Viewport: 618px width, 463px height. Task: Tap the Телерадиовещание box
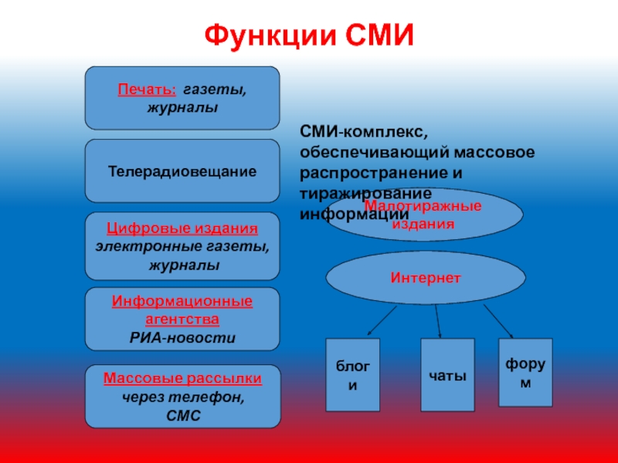182,171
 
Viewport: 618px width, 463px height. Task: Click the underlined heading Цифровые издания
182,229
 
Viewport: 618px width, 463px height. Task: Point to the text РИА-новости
182,337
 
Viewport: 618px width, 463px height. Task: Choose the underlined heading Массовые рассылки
182,379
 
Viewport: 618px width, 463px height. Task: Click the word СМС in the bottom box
182,415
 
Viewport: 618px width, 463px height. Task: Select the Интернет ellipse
426,276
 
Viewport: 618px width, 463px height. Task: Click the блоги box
353,374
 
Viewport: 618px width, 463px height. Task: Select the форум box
525,372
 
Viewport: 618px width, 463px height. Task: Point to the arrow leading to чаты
438,321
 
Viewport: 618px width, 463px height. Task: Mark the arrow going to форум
499,319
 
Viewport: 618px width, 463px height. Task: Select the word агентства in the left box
182,319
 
